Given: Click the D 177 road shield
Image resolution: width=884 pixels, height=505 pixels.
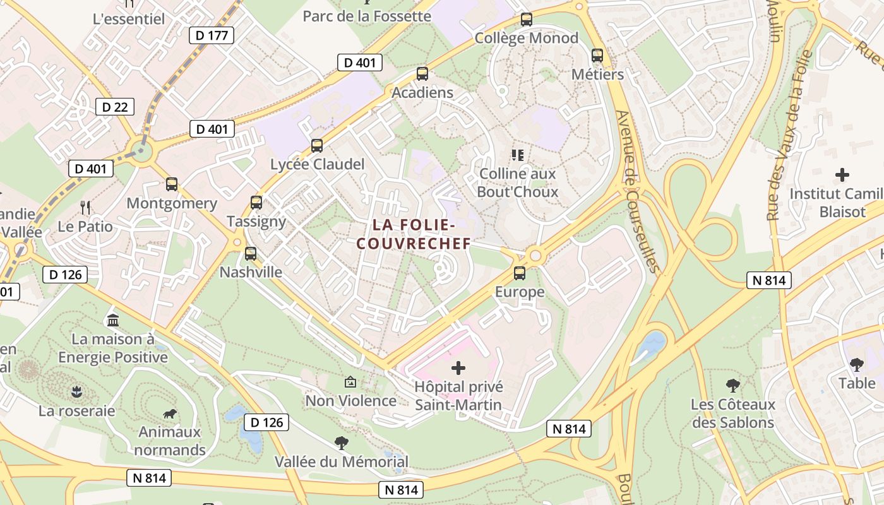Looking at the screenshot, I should click(212, 35).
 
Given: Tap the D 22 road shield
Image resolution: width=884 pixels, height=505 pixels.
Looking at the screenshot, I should click(115, 107).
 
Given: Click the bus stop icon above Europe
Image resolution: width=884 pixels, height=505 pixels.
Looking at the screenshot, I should click(520, 273).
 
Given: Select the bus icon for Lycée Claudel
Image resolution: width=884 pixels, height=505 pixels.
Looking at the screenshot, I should click(317, 146).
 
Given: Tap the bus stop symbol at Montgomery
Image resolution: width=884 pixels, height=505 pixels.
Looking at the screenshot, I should click(172, 184).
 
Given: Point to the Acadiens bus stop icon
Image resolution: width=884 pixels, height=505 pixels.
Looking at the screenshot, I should click(422, 74).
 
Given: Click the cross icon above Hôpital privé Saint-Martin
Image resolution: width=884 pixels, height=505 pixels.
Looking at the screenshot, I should click(458, 367).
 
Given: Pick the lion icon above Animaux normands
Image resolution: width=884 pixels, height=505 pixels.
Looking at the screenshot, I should click(169, 414).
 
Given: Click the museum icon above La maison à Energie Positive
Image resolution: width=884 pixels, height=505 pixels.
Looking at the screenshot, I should click(113, 320).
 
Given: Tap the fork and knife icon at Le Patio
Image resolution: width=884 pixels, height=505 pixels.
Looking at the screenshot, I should click(85, 207).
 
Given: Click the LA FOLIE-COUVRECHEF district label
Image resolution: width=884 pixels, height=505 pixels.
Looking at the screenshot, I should click(414, 234).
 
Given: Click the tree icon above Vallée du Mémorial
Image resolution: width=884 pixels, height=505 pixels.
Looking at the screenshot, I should click(342, 443).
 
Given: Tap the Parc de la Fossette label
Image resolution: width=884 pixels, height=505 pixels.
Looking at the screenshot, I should click(367, 16).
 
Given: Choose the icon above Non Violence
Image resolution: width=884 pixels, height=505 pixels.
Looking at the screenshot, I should click(350, 382).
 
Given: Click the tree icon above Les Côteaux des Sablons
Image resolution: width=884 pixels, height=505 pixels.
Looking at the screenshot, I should click(732, 385).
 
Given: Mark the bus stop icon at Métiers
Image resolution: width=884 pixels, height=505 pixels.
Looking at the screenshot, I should click(597, 56).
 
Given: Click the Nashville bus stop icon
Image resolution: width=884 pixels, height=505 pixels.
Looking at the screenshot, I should click(251, 254).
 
